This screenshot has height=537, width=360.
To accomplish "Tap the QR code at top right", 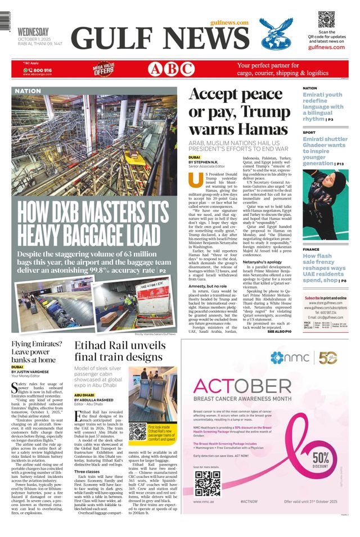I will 326,19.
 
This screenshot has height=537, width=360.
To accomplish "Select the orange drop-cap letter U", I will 195,180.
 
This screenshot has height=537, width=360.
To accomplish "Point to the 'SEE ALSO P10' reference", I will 279,332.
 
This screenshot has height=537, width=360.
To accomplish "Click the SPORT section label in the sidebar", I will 309,133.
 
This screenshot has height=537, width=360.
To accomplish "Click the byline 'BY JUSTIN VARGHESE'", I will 30,372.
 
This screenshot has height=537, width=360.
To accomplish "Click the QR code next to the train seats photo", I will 137,431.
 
